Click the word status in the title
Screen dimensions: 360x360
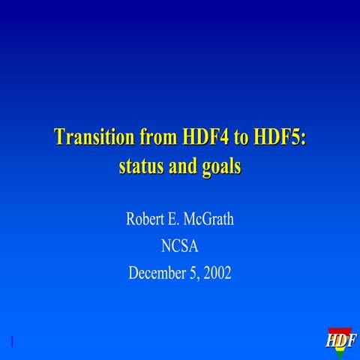click(141, 166)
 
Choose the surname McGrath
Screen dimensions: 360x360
click(213, 220)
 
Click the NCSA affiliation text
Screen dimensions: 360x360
click(180, 247)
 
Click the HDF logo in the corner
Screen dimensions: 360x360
click(341, 340)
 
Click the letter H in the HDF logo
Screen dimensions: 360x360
click(333, 343)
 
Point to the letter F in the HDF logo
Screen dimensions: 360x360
click(351, 343)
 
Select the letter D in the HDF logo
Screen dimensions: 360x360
click(342, 343)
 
